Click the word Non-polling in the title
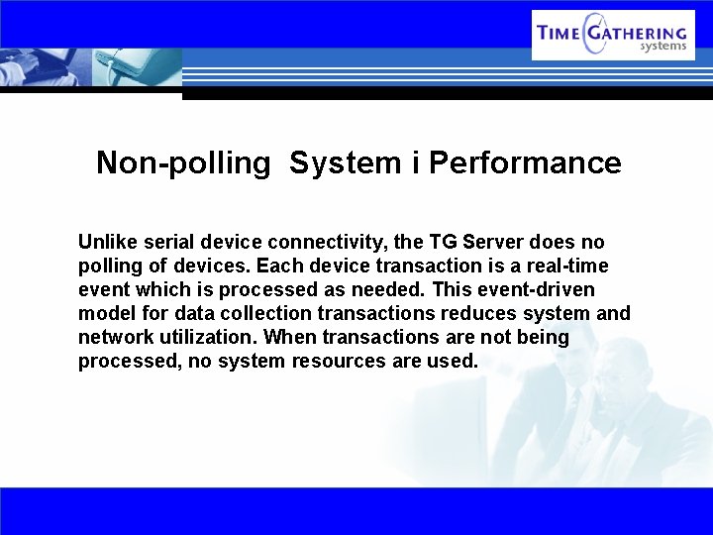(x=182, y=163)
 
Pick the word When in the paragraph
(x=289, y=337)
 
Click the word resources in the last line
(x=339, y=361)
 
